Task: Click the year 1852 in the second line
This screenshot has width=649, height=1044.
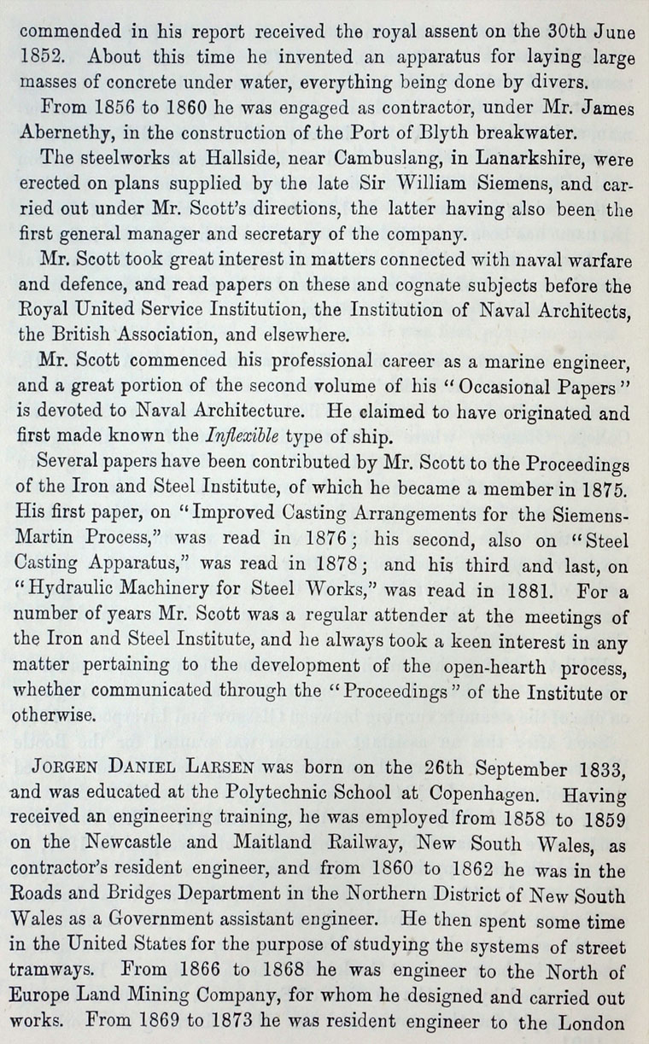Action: tap(40, 59)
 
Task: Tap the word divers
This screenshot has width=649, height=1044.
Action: tap(564, 83)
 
